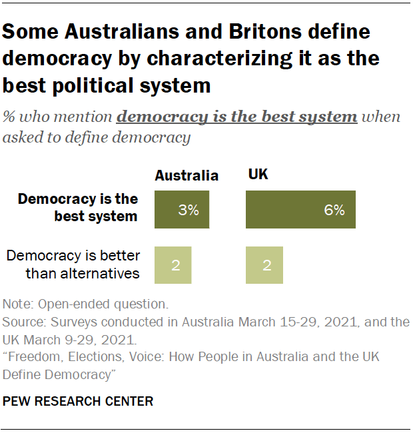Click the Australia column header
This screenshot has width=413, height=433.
[x=187, y=176]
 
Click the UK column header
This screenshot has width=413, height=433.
[x=258, y=175]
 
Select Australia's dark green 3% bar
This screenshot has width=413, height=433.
[x=181, y=209]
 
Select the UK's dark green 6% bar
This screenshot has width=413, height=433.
[x=300, y=209]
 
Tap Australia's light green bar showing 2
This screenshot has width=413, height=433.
[x=173, y=264]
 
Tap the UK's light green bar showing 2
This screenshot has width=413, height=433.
[x=264, y=264]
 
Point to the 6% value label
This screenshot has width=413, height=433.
[x=334, y=210]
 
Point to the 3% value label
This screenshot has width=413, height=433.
[x=189, y=210]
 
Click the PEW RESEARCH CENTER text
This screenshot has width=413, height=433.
[x=78, y=401]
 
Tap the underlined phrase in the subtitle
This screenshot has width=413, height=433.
[x=236, y=117]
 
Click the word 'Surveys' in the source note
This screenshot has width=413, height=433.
[x=71, y=322]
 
